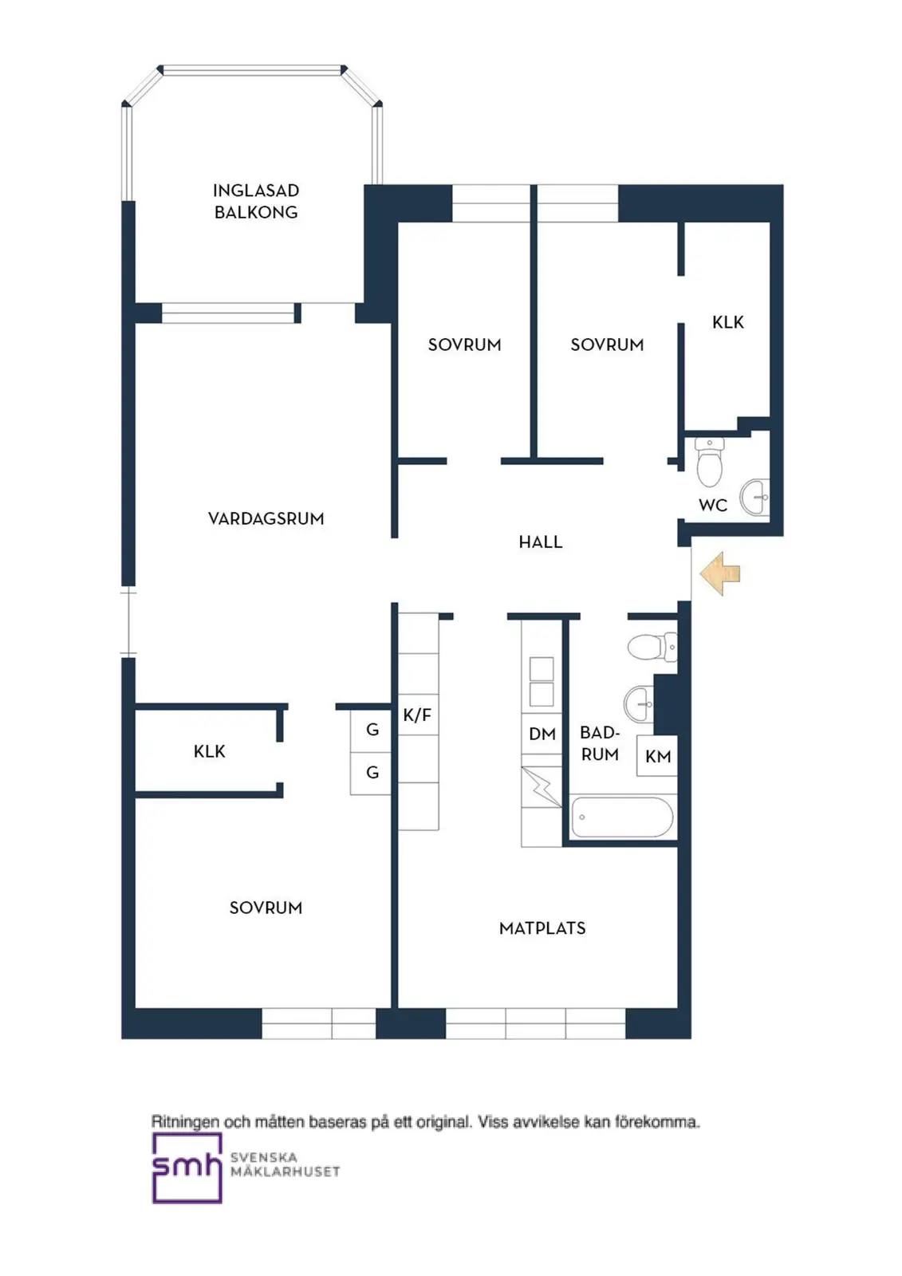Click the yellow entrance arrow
click(x=720, y=573)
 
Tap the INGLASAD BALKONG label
click(x=256, y=201)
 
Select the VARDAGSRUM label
click(x=266, y=518)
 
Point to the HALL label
click(x=540, y=542)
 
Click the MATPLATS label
click(x=542, y=928)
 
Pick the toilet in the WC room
click(x=710, y=462)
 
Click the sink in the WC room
click(x=754, y=498)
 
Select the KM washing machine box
click(x=657, y=756)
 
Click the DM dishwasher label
click(x=542, y=734)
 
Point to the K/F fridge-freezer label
click(x=417, y=715)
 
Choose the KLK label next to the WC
click(x=727, y=322)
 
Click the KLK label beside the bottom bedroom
click(x=209, y=751)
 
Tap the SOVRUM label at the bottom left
click(x=266, y=908)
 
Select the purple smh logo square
click(x=187, y=1168)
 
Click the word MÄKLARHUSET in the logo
click(x=285, y=1172)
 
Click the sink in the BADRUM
click(x=639, y=703)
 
